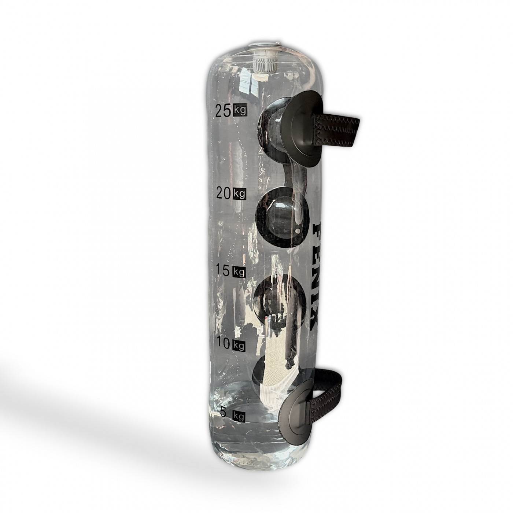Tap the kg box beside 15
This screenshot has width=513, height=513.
pos(239,272)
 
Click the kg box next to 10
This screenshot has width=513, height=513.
pos(239,345)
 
